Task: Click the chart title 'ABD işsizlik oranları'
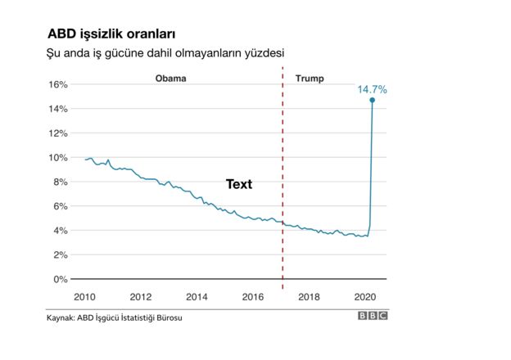click(x=111, y=34)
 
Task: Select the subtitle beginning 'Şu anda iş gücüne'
click(x=165, y=53)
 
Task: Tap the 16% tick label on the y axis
click(x=57, y=84)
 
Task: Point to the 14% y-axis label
click(x=57, y=109)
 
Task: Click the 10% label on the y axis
click(x=57, y=157)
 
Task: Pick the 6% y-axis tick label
click(x=59, y=206)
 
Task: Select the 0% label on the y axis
click(x=59, y=279)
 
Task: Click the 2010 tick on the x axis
click(x=85, y=296)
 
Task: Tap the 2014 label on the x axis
click(x=196, y=296)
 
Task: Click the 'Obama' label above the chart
click(x=171, y=79)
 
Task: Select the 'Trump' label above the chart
click(x=309, y=79)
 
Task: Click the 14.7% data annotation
click(x=371, y=88)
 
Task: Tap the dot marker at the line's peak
click(x=373, y=100)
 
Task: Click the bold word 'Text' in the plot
click(x=239, y=185)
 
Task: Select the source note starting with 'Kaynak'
click(x=114, y=317)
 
